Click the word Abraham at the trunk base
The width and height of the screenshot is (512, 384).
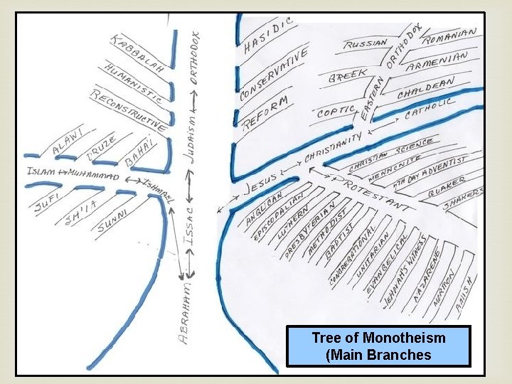pyautogui.click(x=183, y=312)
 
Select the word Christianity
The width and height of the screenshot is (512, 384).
pyautogui.click(x=334, y=145)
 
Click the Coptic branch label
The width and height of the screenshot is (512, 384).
pyautogui.click(x=336, y=111)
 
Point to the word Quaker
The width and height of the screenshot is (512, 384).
pyautogui.click(x=447, y=187)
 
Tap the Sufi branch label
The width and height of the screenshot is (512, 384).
pyautogui.click(x=48, y=201)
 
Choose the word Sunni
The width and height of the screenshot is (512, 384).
pyautogui.click(x=112, y=220)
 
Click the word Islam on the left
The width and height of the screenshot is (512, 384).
pyautogui.click(x=40, y=171)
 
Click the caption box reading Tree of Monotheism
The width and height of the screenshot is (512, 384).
pyautogui.click(x=378, y=346)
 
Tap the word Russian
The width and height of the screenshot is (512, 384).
pyautogui.click(x=366, y=43)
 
